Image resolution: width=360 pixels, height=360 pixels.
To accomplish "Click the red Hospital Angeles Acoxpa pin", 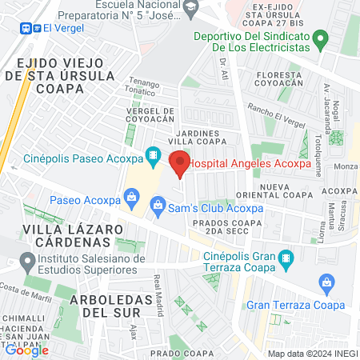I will [180, 163].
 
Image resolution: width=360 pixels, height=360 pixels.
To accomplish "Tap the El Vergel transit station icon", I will [27, 26].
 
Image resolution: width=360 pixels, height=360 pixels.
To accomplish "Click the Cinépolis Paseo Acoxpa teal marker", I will [151, 155].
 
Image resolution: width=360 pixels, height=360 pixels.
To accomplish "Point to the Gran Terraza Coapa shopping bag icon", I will [326, 282].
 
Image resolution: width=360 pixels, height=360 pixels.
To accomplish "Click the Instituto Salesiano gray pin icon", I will [28, 260].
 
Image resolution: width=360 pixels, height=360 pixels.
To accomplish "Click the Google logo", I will [27, 350].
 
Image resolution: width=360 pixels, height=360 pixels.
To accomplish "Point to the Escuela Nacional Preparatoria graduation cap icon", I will [190, 8].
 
